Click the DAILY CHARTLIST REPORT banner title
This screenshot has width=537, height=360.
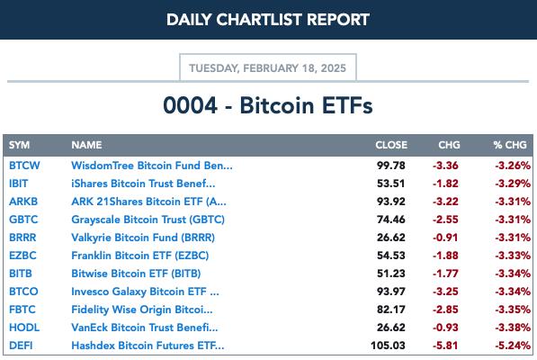click(x=268, y=20)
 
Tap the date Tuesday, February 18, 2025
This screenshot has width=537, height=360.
click(x=267, y=68)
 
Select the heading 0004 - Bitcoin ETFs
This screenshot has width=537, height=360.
click(x=268, y=105)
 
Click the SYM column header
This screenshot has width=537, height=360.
click(x=19, y=145)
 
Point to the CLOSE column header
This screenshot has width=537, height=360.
click(x=391, y=145)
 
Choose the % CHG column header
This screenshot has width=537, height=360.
click(x=510, y=145)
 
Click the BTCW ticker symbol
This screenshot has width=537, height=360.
click(x=24, y=166)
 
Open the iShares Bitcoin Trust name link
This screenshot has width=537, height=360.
click(x=143, y=184)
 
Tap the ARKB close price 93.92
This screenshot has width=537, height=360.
click(x=391, y=202)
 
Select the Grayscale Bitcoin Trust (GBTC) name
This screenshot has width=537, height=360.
click(x=148, y=220)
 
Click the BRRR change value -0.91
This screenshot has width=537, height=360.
click(x=445, y=238)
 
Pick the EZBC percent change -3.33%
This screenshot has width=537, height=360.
click(x=513, y=256)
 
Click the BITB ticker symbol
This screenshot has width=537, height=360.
click(x=21, y=274)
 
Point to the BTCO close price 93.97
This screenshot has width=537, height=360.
click(x=391, y=292)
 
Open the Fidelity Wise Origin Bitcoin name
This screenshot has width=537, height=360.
click(x=142, y=310)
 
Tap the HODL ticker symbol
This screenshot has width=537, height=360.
click(x=24, y=328)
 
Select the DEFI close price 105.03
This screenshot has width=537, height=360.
click(x=388, y=346)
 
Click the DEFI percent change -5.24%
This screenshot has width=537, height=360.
click(x=513, y=346)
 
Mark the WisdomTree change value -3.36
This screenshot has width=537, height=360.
click(x=445, y=166)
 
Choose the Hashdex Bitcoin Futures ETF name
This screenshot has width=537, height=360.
click(x=148, y=346)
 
